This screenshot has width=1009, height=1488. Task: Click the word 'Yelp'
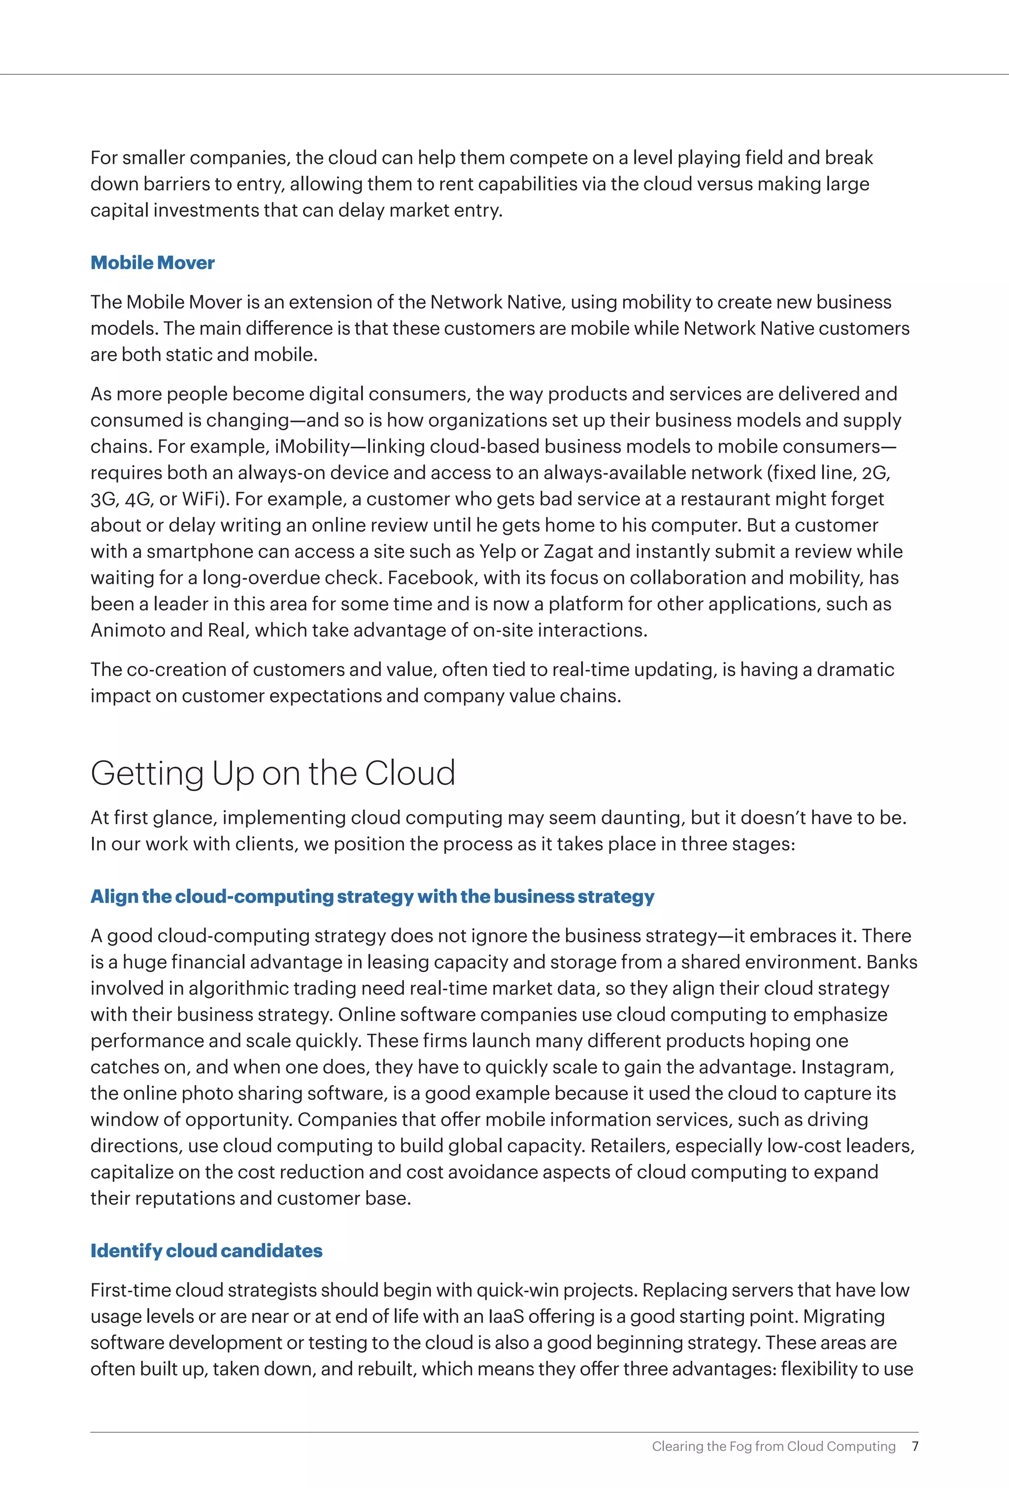pyautogui.click(x=498, y=551)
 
